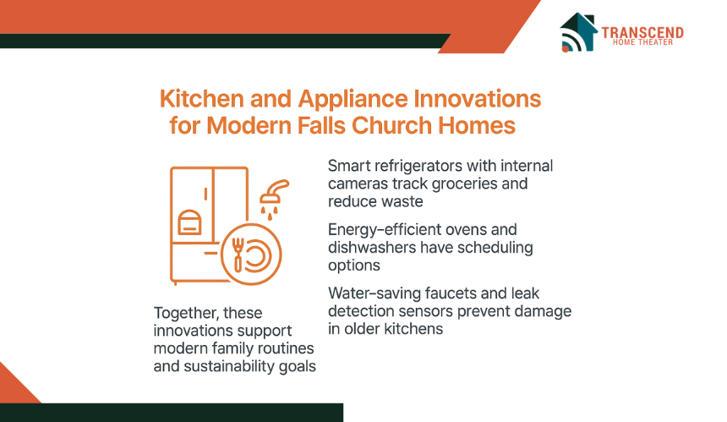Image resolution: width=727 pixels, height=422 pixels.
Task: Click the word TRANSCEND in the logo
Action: click(642, 32)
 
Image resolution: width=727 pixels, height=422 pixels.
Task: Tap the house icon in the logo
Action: click(578, 32)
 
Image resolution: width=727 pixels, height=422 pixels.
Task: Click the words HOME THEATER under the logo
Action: click(642, 42)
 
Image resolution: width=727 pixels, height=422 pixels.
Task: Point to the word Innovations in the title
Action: click(477, 99)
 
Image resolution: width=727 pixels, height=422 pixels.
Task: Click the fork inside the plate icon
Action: click(238, 255)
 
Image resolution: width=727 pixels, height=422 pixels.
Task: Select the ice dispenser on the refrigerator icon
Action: click(189, 222)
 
